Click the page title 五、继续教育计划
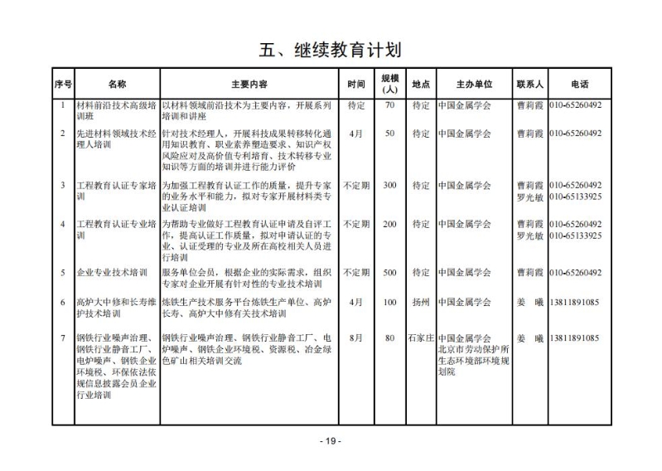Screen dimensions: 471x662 pos(331,49)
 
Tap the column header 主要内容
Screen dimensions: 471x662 pos(249,85)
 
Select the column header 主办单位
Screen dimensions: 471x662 pos(474,85)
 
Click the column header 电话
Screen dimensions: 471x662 pos(580,85)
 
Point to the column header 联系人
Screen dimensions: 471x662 pos(529,85)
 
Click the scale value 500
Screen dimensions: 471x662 pos(389,273)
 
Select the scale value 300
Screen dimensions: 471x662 pos(389,185)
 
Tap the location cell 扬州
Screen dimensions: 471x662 pos(421,303)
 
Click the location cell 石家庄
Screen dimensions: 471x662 pos(421,338)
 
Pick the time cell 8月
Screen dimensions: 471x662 pos(356,338)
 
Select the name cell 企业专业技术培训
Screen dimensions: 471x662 pos(111,273)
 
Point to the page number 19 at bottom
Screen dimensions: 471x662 pos(331,441)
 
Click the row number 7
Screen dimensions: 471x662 pos(63,338)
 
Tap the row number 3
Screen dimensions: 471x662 pos(63,185)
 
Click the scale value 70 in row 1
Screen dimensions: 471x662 pos(389,106)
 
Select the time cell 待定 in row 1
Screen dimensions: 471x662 pos(356,106)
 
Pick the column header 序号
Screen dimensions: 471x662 pos(63,85)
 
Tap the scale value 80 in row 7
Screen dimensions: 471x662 pos(389,338)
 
